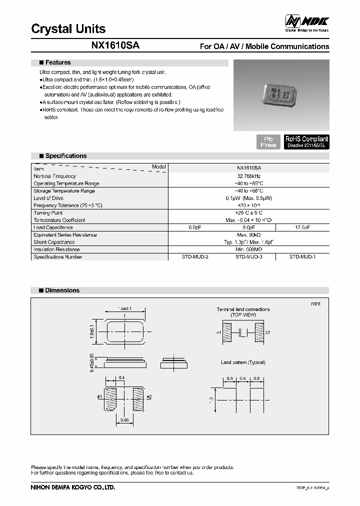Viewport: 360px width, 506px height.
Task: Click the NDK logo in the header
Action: [306, 22]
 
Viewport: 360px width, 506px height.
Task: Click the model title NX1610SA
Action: [115, 45]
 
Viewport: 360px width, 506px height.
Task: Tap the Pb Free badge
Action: [268, 141]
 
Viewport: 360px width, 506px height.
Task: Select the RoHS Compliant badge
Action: [306, 141]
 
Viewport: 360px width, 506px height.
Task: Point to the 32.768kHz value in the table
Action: [248, 176]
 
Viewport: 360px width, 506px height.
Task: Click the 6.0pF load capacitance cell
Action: [194, 227]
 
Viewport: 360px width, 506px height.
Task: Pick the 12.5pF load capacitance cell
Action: [302, 227]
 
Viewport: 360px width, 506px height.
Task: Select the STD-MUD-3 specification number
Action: [248, 257]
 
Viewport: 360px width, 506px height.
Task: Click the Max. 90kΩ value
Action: [248, 235]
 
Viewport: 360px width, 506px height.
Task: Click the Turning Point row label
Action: [48, 213]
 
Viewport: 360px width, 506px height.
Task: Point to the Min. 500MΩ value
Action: [248, 249]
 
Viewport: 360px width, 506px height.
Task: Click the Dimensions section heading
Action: [62, 290]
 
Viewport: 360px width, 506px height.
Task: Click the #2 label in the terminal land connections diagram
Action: [267, 332]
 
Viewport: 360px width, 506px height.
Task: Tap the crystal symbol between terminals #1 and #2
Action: [243, 332]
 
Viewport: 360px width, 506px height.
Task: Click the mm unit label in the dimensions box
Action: [315, 304]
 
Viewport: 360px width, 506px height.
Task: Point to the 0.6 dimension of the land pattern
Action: [243, 378]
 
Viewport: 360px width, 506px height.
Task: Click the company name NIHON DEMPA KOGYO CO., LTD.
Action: [73, 487]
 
